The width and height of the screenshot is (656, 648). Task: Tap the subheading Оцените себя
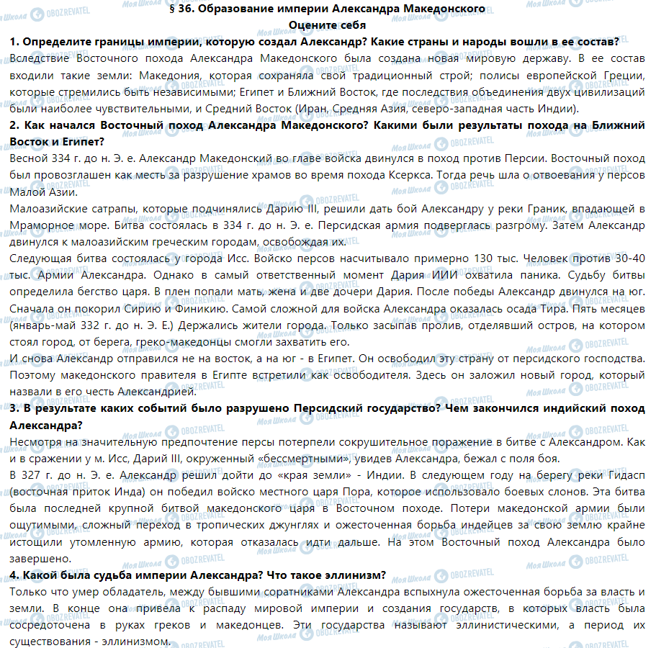pos(327,24)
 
